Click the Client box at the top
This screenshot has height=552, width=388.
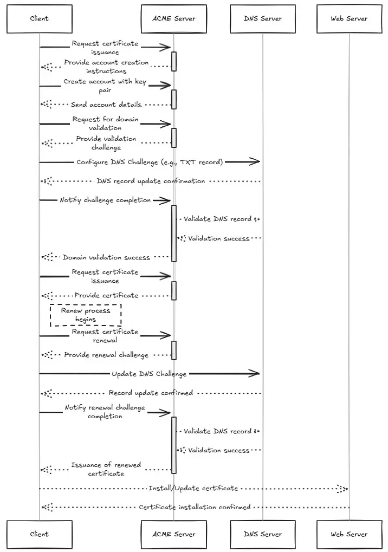39,18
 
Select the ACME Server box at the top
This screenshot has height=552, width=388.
173,18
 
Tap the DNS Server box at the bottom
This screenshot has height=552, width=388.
263,534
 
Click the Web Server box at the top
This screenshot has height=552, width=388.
349,18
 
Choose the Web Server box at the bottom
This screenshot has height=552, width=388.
349,534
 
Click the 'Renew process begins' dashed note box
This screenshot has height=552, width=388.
86,315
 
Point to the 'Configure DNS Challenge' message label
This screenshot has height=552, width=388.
150,162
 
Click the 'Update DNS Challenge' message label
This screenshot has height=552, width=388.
149,374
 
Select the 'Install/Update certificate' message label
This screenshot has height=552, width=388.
193,488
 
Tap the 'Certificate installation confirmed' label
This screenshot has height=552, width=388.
195,507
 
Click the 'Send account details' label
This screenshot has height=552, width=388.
106,104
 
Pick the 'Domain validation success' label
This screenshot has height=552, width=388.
106,257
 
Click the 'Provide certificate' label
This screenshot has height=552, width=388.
106,295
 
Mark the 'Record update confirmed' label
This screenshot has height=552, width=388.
151,393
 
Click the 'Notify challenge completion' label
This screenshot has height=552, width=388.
105,200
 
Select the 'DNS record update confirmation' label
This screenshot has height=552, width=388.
151,181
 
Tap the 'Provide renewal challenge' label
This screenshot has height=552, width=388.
106,355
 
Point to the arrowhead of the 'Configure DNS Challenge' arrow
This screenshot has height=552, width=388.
256,161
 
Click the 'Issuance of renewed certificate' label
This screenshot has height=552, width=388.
106,469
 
